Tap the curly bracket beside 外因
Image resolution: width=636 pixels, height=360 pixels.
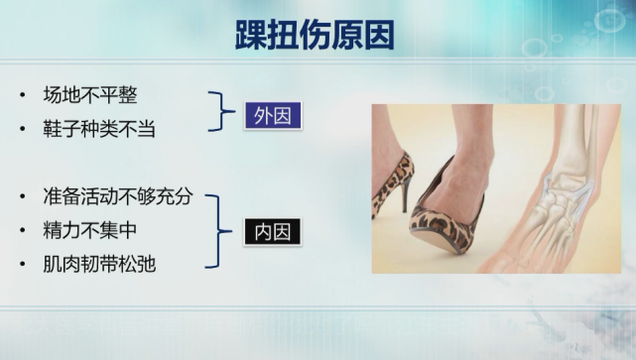tap(217, 113)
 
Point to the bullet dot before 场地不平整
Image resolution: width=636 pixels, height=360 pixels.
tap(23, 96)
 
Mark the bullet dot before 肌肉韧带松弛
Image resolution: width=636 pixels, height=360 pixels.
tap(23, 265)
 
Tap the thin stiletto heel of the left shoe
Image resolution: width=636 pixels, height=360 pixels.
tap(405, 193)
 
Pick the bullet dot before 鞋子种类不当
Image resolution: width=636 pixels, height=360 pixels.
tap(23, 129)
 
